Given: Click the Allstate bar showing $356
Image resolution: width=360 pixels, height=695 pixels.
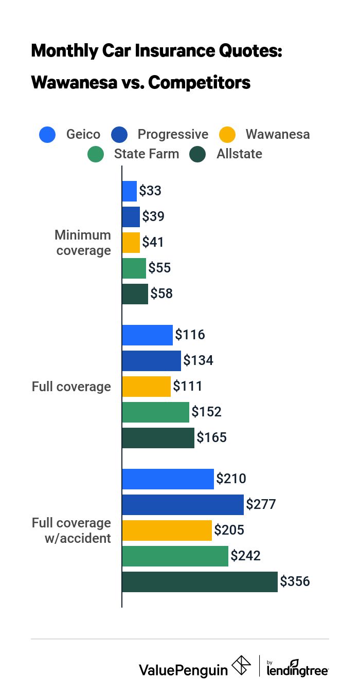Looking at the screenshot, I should [200, 582].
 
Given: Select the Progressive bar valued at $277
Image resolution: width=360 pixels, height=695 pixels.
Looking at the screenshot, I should [183, 505].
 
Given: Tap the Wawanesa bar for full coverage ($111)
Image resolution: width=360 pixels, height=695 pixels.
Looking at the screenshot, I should [146, 387].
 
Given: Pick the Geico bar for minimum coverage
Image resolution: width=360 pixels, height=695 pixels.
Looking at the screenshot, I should [129, 191].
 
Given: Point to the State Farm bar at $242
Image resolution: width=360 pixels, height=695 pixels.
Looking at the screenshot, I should [175, 556].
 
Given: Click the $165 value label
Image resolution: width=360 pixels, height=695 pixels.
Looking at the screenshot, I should [211, 438].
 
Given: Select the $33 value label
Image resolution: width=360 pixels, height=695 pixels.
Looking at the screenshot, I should [150, 191].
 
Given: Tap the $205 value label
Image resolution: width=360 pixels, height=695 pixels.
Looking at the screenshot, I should [229, 531].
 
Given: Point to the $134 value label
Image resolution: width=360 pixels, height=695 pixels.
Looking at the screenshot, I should [198, 361].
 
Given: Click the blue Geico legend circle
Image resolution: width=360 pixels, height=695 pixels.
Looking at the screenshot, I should [48, 135].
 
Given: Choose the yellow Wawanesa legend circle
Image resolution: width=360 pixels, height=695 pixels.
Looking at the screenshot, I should [227, 135].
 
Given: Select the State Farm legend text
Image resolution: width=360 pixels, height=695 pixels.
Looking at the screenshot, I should [147, 154].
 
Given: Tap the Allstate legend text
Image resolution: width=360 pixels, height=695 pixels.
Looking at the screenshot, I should [239, 154].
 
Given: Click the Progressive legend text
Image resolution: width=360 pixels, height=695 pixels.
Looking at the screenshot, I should [173, 135].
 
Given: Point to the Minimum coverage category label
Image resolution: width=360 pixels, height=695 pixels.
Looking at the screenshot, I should [83, 243].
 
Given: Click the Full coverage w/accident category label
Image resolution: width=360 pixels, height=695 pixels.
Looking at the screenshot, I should [71, 531].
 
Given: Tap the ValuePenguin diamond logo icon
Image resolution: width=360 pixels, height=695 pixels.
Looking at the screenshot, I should [241, 665].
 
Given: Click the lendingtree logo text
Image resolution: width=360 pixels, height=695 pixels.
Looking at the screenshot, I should [298, 670].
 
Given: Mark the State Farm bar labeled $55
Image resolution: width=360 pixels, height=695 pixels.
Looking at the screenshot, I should [134, 268].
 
